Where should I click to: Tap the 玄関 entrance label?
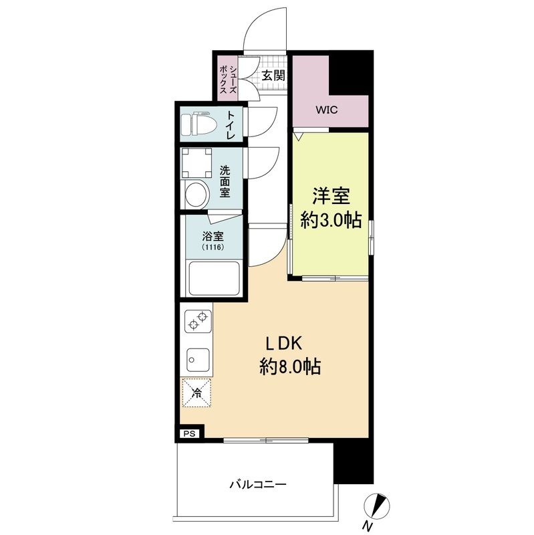coord(273,75)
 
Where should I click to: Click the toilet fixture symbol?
coord(199,124)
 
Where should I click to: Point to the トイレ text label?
coord(231,124)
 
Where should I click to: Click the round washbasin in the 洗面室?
coord(196,195)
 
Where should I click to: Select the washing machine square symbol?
coord(197,161)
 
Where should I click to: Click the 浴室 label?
coord(213,236)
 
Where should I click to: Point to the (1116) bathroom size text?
coord(213,247)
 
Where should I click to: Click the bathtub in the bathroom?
coord(214,279)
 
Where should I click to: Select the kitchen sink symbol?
coord(197,360)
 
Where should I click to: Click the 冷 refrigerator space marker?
coord(196,393)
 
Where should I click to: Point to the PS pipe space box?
coord(190,433)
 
